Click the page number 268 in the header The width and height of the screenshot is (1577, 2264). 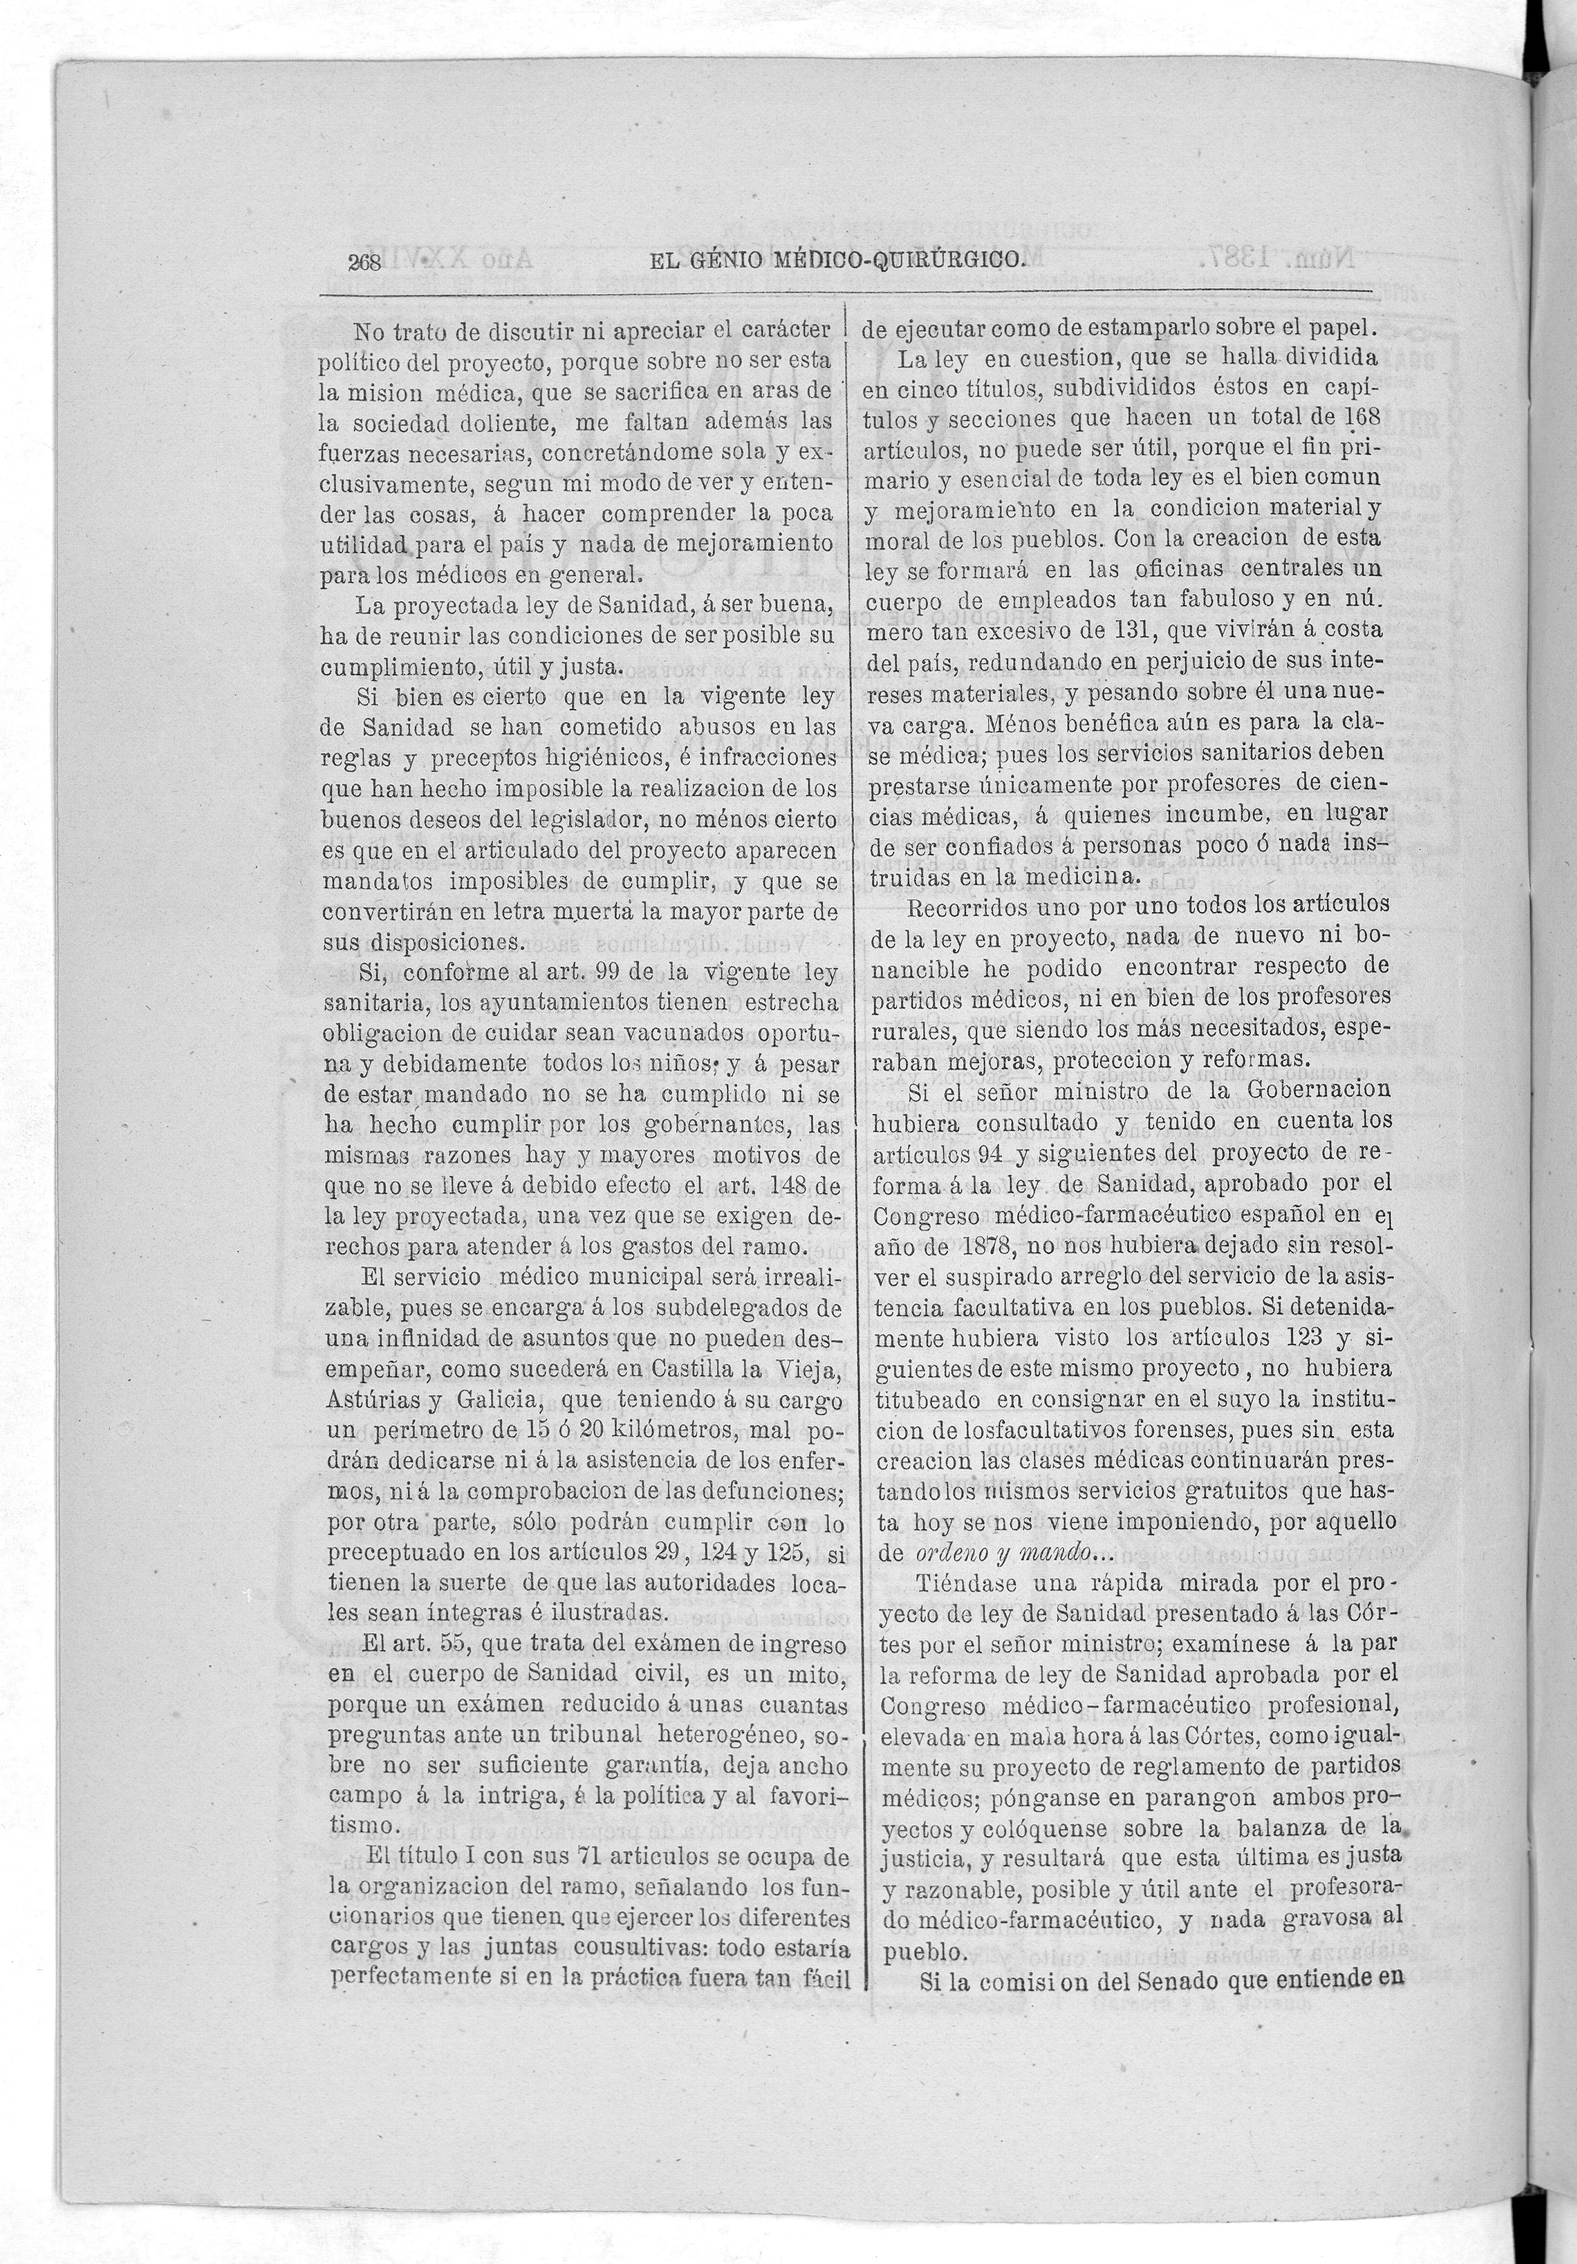pyautogui.click(x=364, y=262)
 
